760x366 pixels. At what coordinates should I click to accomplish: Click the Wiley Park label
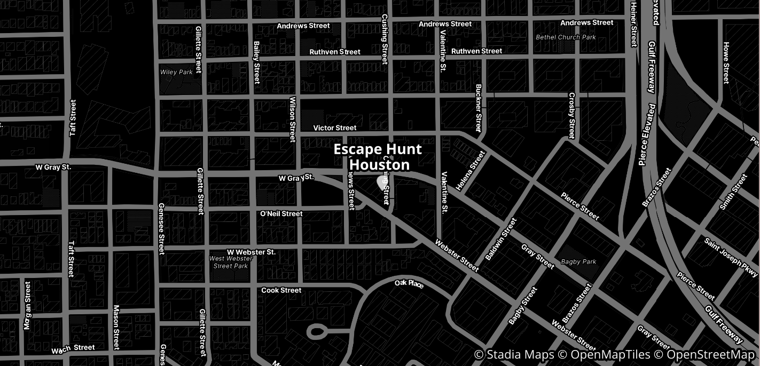pyautogui.click(x=176, y=72)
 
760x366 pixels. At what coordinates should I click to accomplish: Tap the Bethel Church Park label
pyautogui.click(x=566, y=37)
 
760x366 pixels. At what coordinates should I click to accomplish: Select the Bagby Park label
pyautogui.click(x=578, y=262)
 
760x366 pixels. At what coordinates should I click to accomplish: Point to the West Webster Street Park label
pyautogui.click(x=231, y=262)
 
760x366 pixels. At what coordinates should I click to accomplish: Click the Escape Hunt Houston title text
pyautogui.click(x=378, y=157)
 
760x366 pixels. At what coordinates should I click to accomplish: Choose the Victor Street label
pyautogui.click(x=335, y=128)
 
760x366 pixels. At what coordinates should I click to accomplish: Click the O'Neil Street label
pyautogui.click(x=281, y=214)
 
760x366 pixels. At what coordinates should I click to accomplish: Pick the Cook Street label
pyautogui.click(x=281, y=290)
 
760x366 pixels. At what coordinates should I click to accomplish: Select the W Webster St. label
pyautogui.click(x=251, y=252)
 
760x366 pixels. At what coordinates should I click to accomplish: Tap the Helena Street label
pyautogui.click(x=471, y=171)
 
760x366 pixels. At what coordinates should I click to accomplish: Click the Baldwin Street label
pyautogui.click(x=501, y=239)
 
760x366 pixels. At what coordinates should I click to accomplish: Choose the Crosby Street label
pyautogui.click(x=571, y=115)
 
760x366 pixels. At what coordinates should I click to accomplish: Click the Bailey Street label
pyautogui.click(x=257, y=63)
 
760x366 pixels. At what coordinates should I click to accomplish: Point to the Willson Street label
pyautogui.click(x=292, y=119)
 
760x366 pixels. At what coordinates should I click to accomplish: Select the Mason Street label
pyautogui.click(x=116, y=327)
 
